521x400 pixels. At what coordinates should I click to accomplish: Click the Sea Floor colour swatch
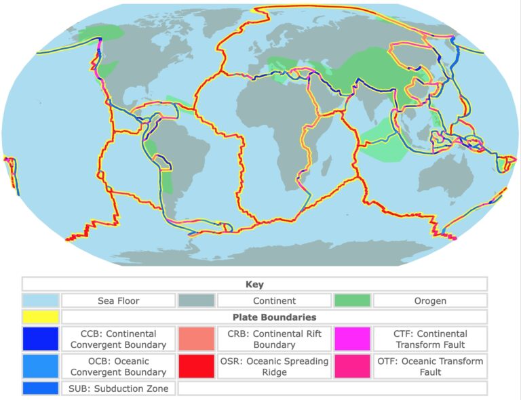(x=41, y=300)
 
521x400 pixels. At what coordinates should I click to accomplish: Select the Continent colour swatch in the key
(x=196, y=300)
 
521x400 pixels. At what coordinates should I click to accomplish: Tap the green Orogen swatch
(x=352, y=300)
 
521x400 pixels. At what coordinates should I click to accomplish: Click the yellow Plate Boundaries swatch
(x=41, y=317)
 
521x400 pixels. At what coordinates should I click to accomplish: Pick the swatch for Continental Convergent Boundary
(x=41, y=339)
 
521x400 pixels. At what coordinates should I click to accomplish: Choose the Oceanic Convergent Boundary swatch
(x=41, y=366)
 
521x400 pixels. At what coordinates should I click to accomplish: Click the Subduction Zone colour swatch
(x=41, y=388)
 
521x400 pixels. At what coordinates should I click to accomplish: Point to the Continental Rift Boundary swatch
(x=196, y=339)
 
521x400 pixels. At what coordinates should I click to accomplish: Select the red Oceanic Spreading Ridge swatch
(x=196, y=366)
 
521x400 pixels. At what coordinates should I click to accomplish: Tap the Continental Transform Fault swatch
(x=352, y=339)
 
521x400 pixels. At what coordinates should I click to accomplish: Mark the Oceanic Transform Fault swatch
(x=352, y=366)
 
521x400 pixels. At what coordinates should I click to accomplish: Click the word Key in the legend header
(x=254, y=285)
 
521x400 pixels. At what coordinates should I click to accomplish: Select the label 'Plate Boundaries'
(x=274, y=317)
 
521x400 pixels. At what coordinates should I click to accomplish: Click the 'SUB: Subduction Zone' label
(x=119, y=388)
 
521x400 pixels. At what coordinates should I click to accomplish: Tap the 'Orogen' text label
(x=430, y=300)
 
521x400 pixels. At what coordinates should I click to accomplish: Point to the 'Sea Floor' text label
(x=119, y=300)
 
